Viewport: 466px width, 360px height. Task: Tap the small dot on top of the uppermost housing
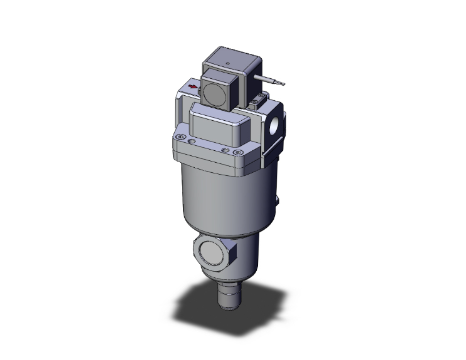228,64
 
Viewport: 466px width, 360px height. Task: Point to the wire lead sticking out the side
273,79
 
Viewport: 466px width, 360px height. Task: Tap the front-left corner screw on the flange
181,137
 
